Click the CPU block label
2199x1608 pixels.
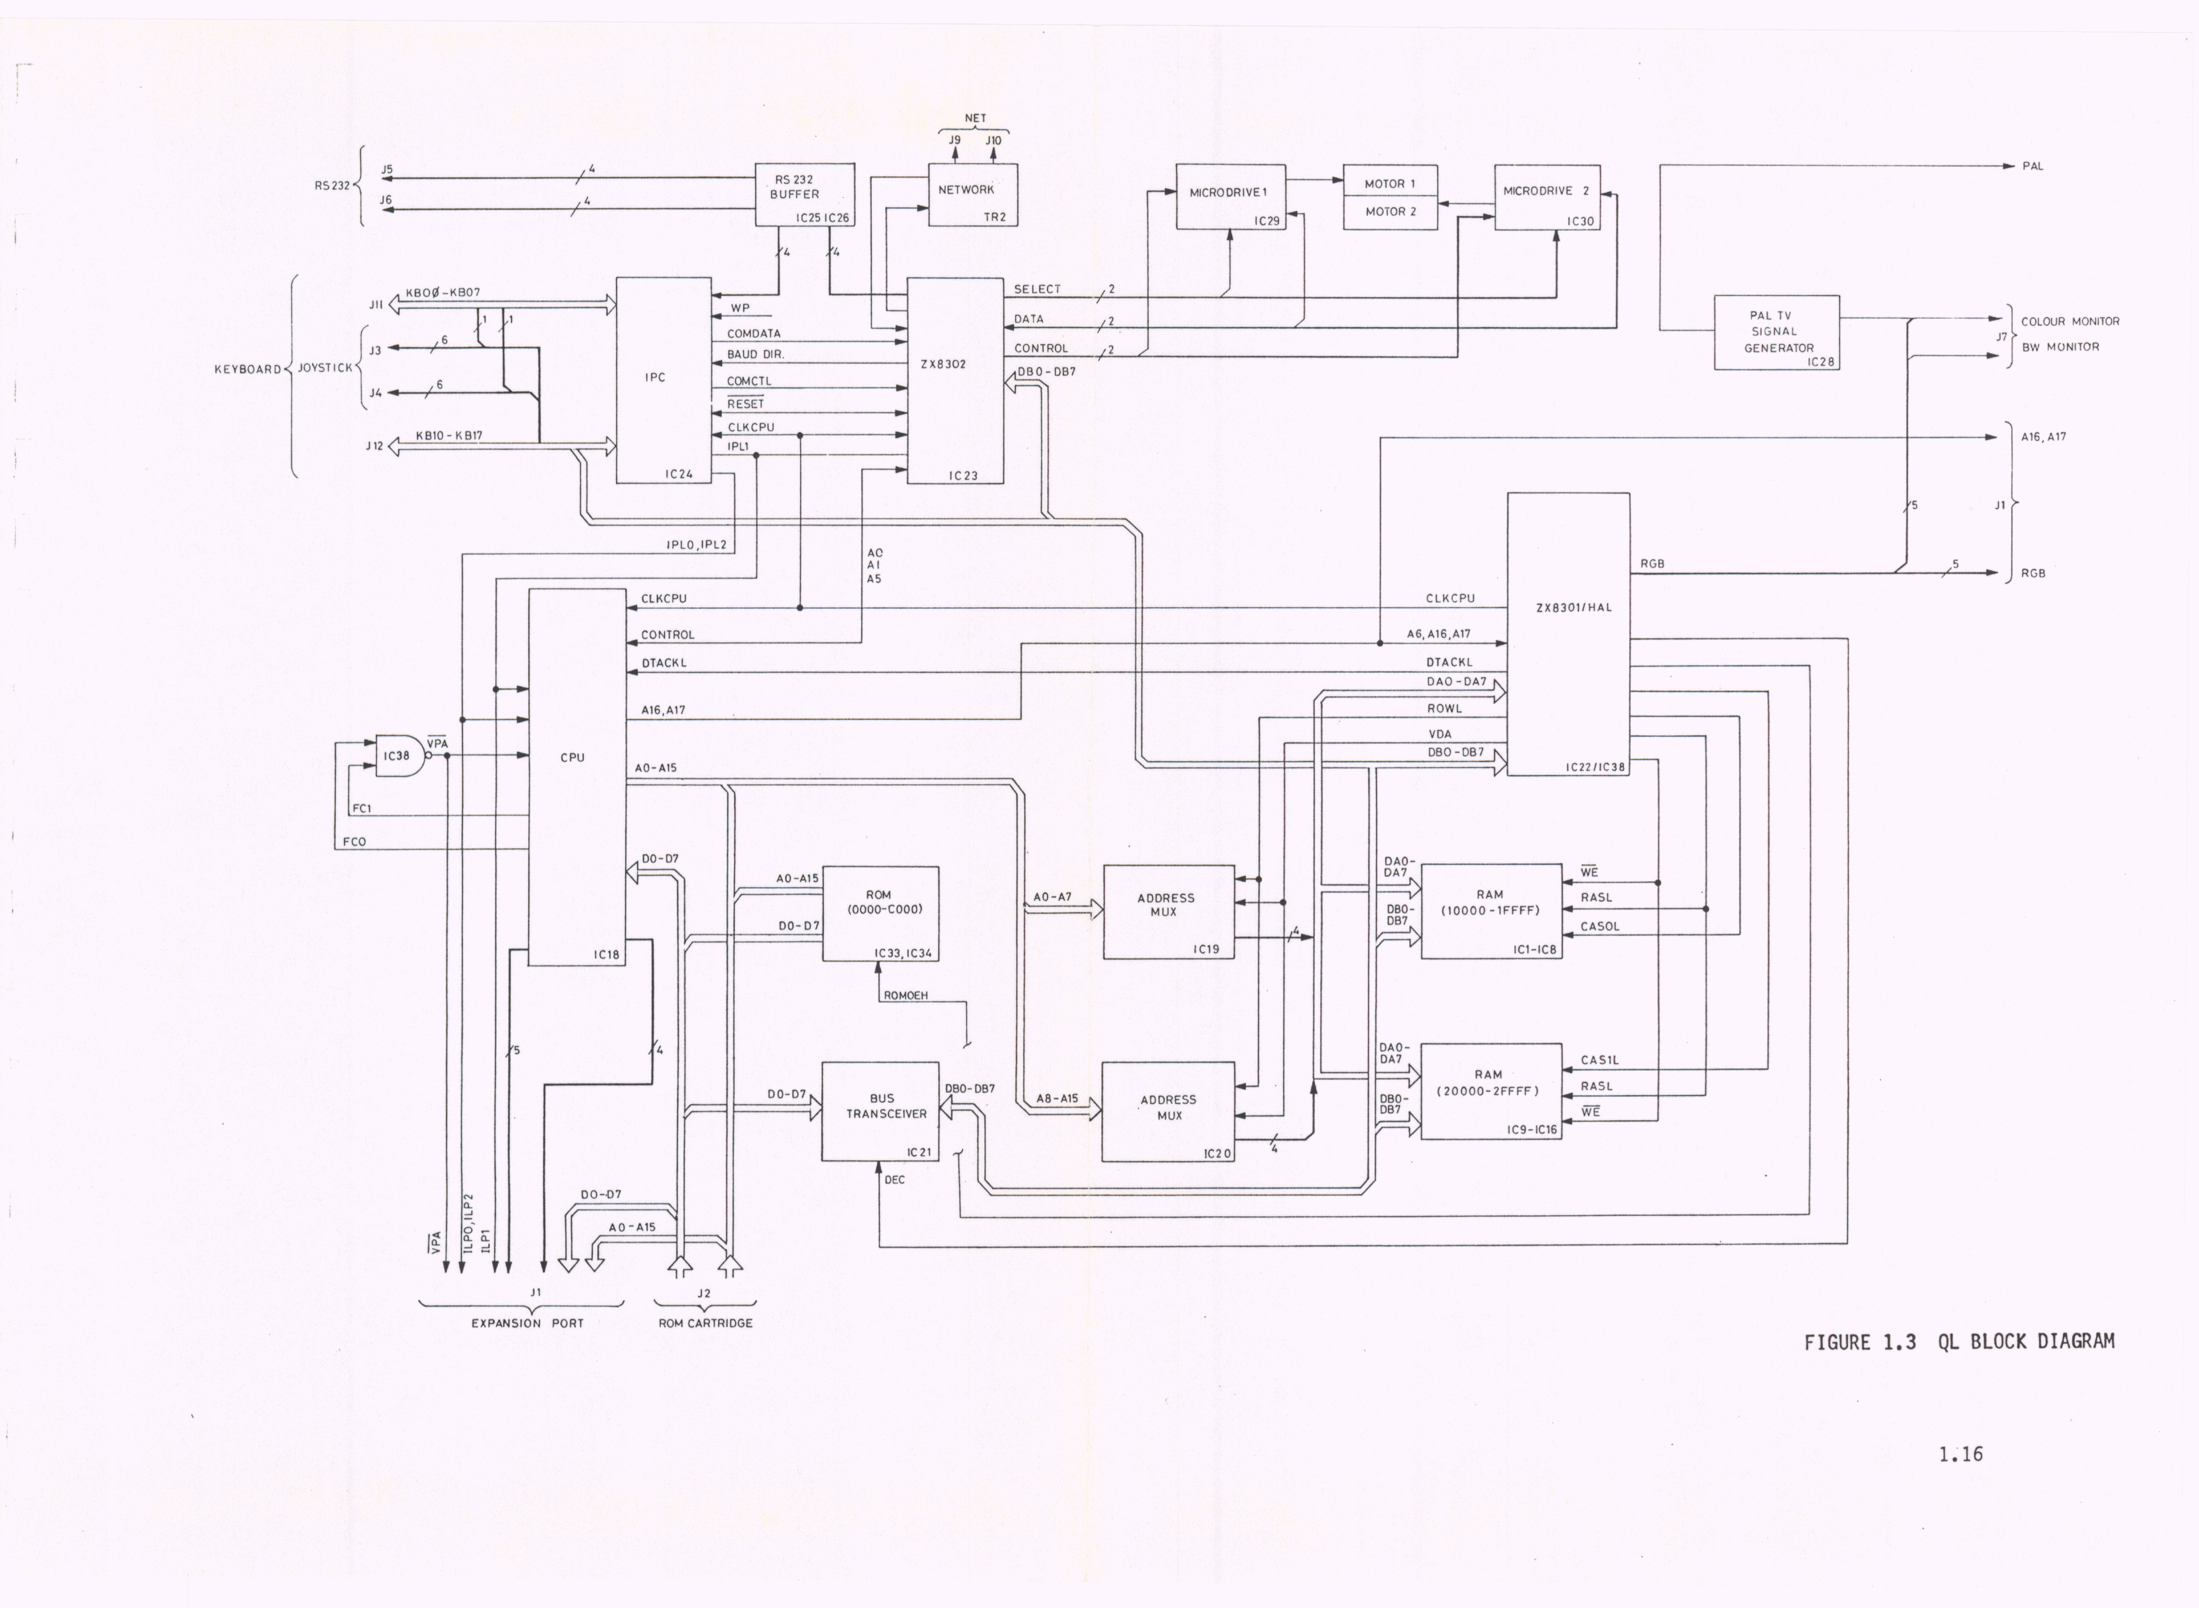coord(573,757)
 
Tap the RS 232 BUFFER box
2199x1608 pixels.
coord(804,194)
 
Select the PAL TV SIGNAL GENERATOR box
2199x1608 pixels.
coord(1776,332)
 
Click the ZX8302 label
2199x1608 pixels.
coord(943,364)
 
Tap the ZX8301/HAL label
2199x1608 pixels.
coord(1573,607)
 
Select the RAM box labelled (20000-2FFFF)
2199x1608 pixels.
coord(1490,1090)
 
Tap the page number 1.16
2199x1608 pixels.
coord(1959,1454)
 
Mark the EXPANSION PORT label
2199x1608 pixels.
coord(527,1323)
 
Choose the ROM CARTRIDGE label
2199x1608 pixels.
coord(705,1323)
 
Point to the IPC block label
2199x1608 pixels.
coord(654,377)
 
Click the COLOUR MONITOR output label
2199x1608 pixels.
coord(2069,321)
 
